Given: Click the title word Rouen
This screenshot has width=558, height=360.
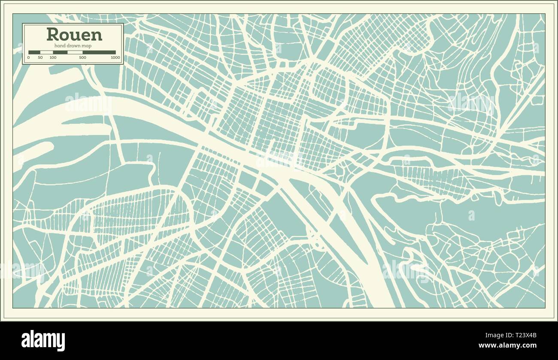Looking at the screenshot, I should [74, 34].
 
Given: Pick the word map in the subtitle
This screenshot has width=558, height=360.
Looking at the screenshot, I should [88, 46].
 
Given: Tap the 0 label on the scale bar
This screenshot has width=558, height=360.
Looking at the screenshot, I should [29, 57].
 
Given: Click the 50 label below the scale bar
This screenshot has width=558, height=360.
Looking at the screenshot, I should [40, 57].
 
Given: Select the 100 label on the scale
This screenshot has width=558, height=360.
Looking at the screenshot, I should [53, 57].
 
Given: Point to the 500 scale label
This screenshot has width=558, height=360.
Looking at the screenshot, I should [82, 57].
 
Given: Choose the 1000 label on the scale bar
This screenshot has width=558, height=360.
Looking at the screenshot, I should [115, 57].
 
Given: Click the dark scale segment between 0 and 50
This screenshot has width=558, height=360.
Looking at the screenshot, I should [34, 52].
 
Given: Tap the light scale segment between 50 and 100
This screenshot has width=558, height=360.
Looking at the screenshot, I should [46, 52].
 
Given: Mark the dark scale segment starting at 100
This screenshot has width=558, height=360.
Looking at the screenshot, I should [60, 52].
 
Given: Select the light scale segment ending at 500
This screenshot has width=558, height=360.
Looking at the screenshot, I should [75, 52].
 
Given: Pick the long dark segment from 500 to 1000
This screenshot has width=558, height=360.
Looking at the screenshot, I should [99, 52].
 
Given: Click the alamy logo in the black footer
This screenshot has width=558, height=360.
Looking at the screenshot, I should [43, 341].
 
